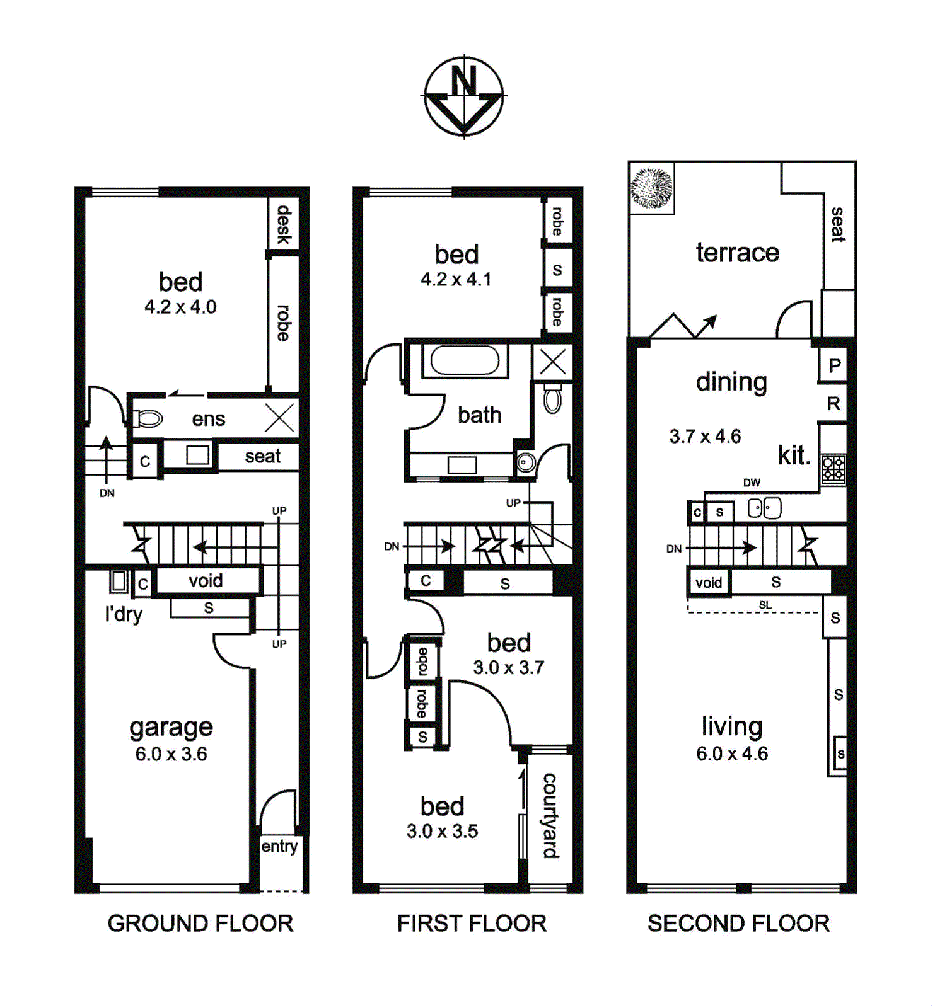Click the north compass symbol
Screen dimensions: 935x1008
(x=464, y=96)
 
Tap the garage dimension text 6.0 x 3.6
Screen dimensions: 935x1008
(x=171, y=754)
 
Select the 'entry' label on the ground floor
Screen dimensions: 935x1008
(x=279, y=846)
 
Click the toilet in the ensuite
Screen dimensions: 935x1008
(x=148, y=418)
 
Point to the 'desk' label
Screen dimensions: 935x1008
(x=284, y=224)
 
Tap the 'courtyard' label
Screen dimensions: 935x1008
(x=550, y=816)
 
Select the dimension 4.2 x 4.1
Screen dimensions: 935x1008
(x=456, y=279)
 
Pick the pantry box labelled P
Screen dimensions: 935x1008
(x=833, y=365)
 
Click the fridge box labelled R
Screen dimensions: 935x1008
(x=833, y=403)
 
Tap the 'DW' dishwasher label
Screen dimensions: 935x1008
(x=752, y=483)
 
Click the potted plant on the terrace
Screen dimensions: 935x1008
(x=652, y=188)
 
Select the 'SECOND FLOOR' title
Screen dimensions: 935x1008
(x=738, y=924)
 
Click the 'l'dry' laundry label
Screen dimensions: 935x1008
(x=124, y=614)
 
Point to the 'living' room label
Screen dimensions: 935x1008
(x=732, y=726)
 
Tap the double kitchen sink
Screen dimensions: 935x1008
(x=764, y=508)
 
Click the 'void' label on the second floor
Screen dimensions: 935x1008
(x=708, y=583)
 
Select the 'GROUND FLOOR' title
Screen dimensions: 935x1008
(x=200, y=924)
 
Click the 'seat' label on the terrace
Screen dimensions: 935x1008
(x=838, y=224)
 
